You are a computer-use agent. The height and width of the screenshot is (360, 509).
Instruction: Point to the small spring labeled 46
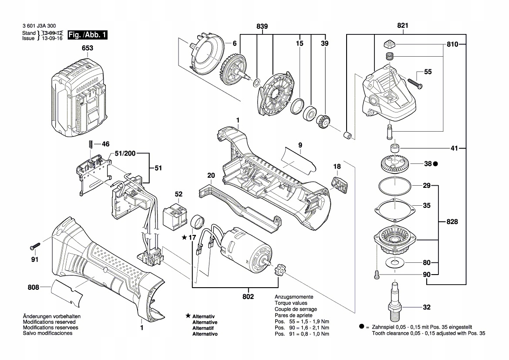point(91,144)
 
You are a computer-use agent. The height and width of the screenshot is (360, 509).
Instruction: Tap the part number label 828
point(452,222)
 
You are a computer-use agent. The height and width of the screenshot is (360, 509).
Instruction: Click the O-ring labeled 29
point(394,187)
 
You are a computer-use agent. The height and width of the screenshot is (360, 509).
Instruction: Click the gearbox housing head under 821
point(385,94)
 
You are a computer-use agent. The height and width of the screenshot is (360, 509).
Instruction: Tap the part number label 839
point(262,27)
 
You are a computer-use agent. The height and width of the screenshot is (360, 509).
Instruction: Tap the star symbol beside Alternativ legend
point(187,316)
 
